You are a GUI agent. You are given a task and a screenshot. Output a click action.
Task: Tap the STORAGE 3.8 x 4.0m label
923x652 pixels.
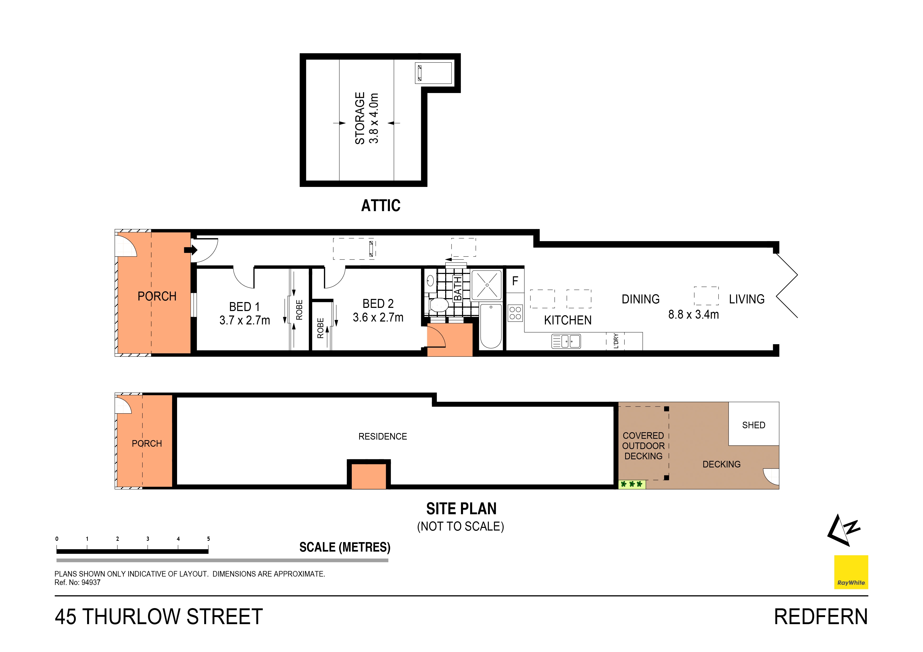pyautogui.click(x=366, y=118)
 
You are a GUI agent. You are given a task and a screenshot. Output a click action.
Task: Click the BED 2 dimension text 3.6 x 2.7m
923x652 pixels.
pyautogui.click(x=378, y=317)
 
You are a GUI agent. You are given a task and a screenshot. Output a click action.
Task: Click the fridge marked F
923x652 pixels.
pyautogui.click(x=515, y=281)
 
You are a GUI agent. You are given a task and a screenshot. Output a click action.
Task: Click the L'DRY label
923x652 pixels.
pyautogui.click(x=615, y=341)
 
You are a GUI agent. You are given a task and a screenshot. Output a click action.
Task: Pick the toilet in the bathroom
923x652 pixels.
pyautogui.click(x=439, y=305)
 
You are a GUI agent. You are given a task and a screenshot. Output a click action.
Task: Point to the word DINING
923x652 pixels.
pyautogui.click(x=640, y=299)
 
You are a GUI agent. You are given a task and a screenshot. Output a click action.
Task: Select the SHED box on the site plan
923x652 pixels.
pyautogui.click(x=753, y=425)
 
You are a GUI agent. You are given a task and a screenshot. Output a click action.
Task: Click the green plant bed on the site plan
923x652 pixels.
pyautogui.click(x=631, y=484)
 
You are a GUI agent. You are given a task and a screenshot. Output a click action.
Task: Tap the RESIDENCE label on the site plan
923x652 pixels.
pyautogui.click(x=382, y=436)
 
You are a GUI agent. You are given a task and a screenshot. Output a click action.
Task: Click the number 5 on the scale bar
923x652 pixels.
pyautogui.click(x=208, y=539)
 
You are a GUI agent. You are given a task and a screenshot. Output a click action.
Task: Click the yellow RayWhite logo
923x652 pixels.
pyautogui.click(x=851, y=572)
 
